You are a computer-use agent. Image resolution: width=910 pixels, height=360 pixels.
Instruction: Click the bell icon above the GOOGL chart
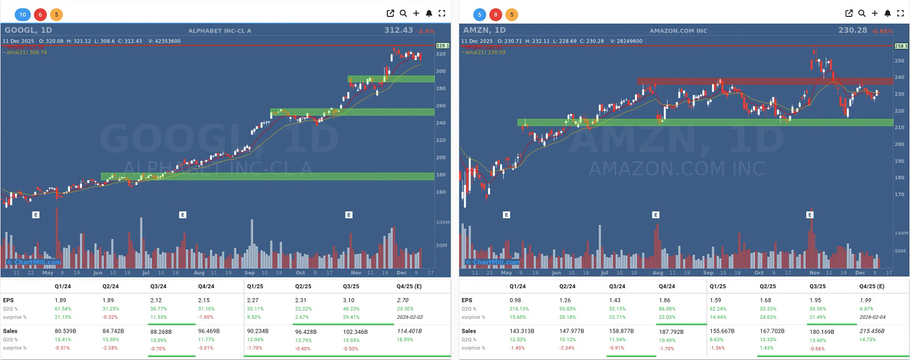[x=429, y=13]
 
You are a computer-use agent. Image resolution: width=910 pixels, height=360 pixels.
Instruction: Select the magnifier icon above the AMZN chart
[x=862, y=13]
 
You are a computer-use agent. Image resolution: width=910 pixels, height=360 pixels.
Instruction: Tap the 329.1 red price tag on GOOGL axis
[x=442, y=46]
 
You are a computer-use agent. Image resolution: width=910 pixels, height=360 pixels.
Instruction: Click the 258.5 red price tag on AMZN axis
[x=901, y=46]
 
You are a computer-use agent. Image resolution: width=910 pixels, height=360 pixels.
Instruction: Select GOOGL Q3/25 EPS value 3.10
[x=351, y=300]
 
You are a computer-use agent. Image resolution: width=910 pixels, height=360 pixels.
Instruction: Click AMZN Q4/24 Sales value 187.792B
[x=671, y=331]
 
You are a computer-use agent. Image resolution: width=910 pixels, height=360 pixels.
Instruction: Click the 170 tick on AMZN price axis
[x=899, y=194]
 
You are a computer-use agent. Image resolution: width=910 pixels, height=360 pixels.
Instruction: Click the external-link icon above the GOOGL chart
[x=391, y=13]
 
